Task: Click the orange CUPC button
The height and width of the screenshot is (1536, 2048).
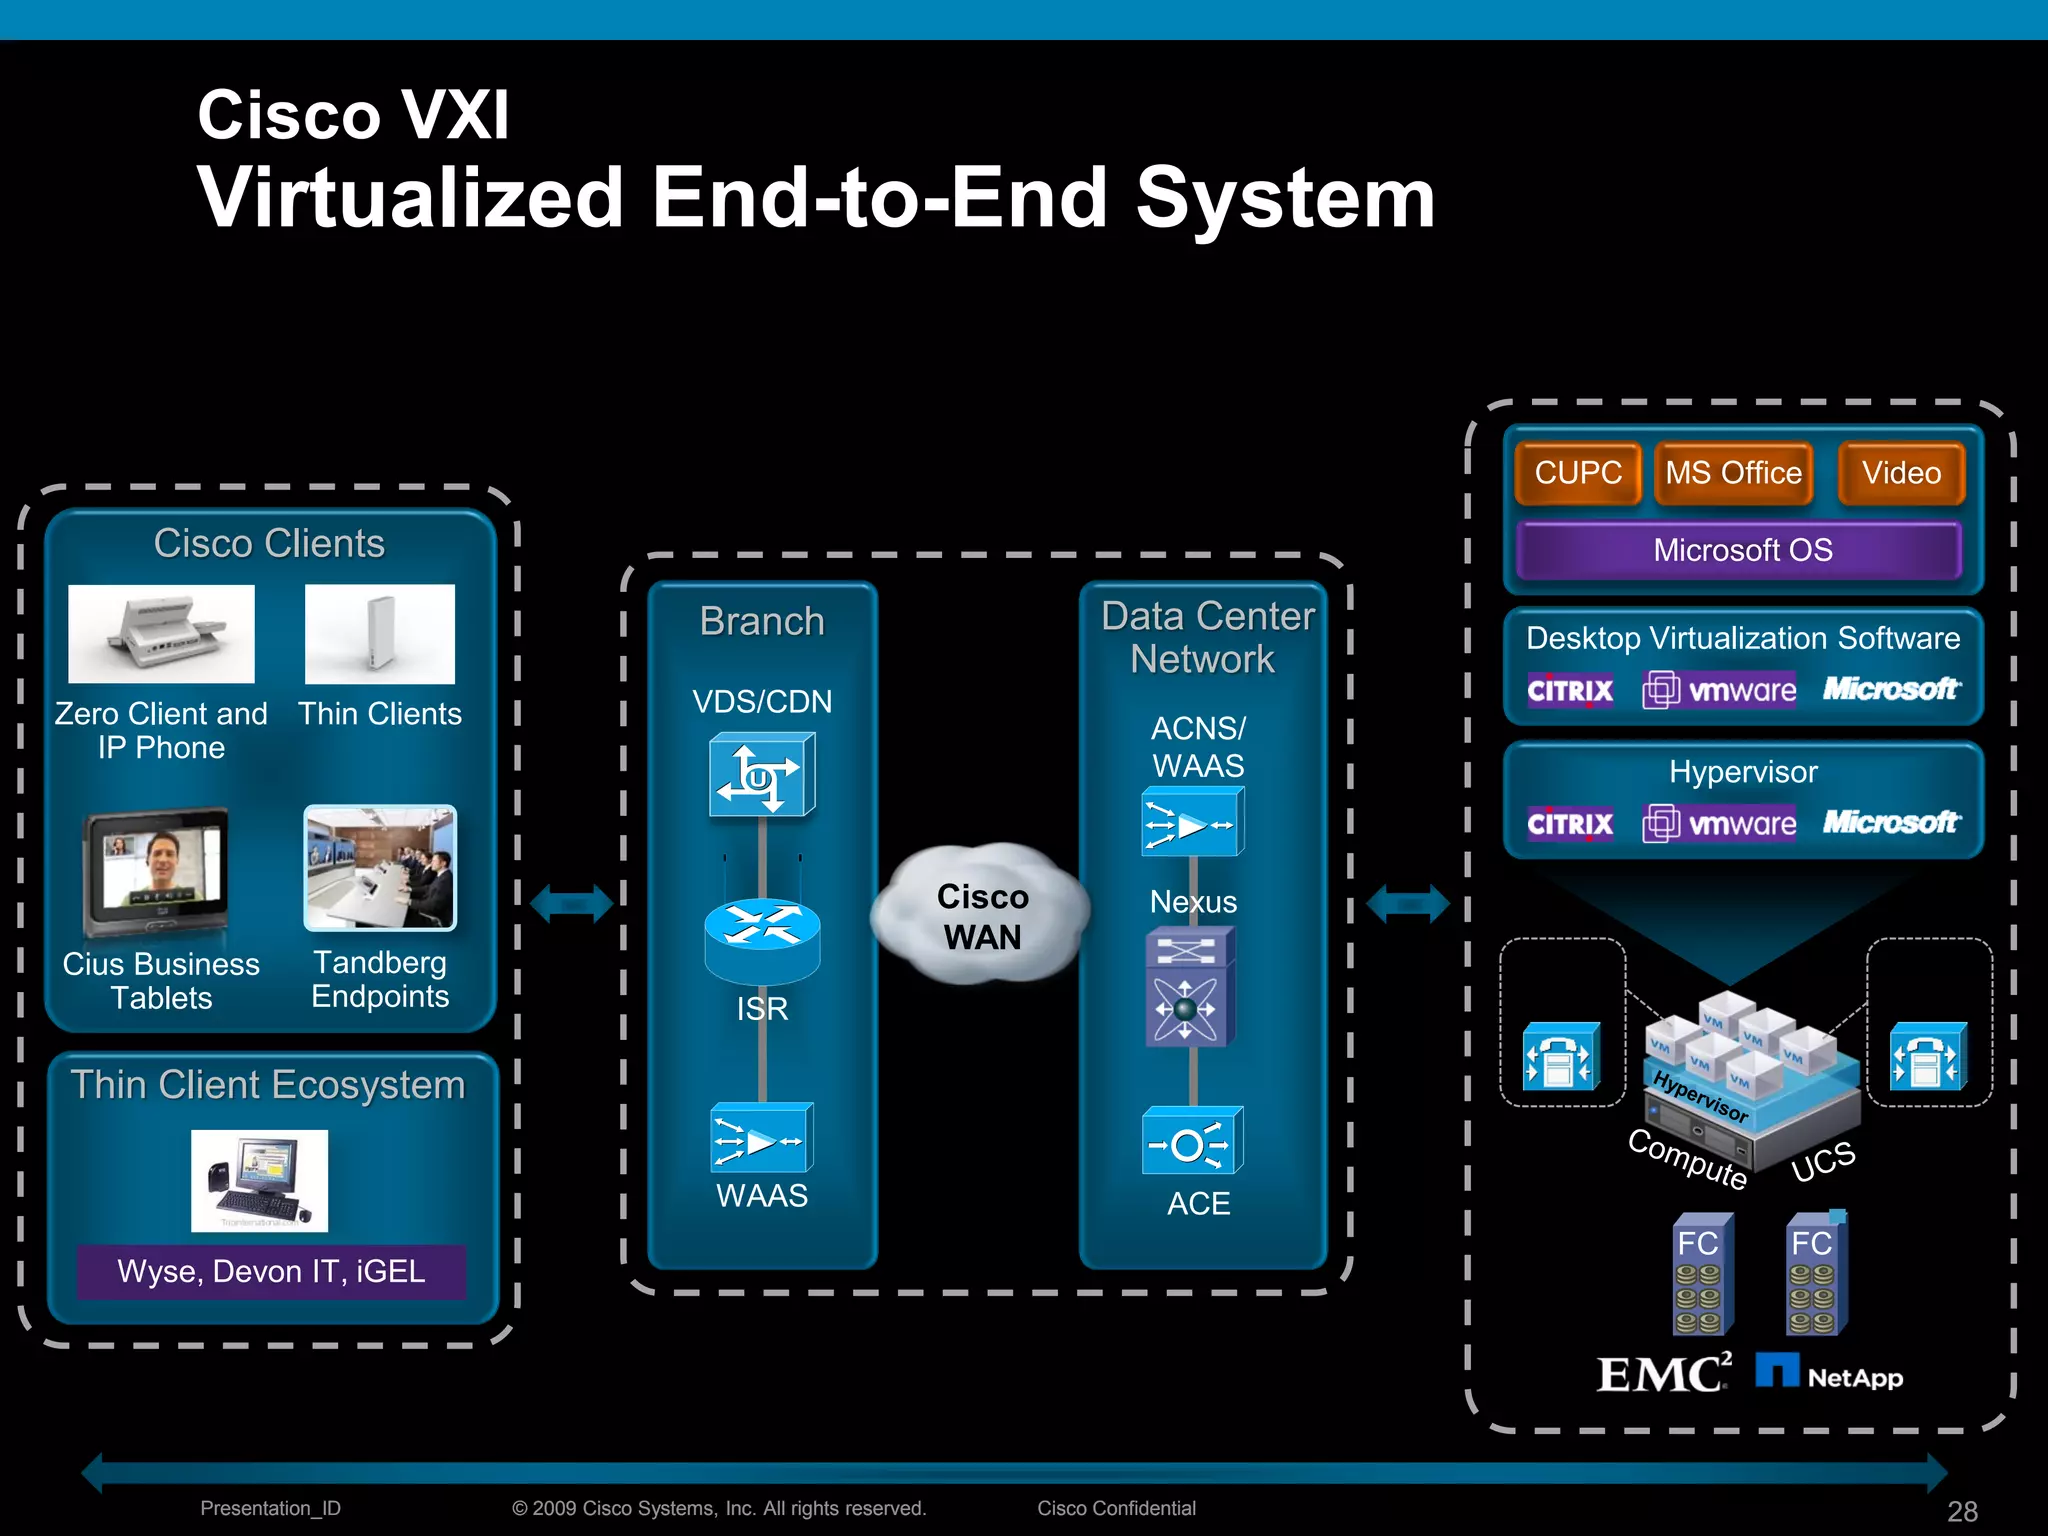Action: [1578, 473]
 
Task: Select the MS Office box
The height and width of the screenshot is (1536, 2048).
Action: [1733, 473]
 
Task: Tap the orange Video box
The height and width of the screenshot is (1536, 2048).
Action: [1901, 473]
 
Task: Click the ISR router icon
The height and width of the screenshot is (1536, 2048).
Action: [762, 938]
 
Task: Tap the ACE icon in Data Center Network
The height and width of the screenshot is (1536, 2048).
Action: [1192, 1141]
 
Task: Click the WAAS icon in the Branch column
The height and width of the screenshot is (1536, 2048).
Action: [762, 1138]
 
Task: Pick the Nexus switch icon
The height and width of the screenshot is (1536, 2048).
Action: [1189, 987]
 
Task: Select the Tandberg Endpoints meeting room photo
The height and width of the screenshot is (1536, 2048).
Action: [380, 868]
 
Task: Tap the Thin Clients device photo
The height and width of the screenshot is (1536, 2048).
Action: [380, 634]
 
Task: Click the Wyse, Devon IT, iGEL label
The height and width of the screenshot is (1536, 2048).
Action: [271, 1271]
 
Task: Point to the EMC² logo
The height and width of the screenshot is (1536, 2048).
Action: [1663, 1373]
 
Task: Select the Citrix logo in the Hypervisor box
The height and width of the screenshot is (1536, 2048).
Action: [1570, 824]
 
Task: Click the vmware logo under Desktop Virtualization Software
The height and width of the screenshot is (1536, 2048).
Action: [1719, 690]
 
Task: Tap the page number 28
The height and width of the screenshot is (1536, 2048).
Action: [1962, 1511]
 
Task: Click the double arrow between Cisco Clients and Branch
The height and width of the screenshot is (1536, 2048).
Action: [571, 904]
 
